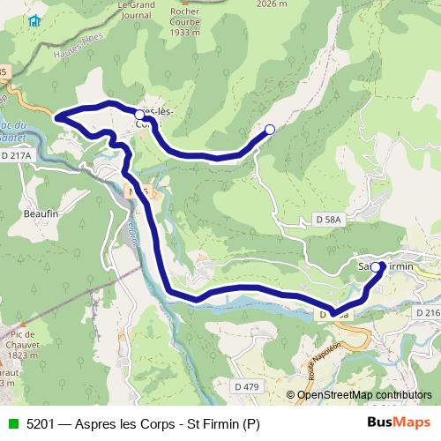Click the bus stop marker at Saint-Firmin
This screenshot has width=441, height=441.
(376, 266)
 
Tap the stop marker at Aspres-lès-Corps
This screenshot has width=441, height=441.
(139, 115)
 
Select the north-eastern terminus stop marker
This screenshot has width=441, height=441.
(270, 130)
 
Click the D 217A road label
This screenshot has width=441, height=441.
(15, 155)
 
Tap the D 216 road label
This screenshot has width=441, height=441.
(427, 313)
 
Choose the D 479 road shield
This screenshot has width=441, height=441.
(247, 386)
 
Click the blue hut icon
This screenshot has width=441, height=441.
(35, 20)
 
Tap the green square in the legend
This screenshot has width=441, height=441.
(12, 422)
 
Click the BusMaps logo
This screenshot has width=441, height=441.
(399, 422)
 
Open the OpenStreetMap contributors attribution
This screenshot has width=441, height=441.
(363, 394)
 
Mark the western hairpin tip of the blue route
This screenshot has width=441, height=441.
(57, 116)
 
